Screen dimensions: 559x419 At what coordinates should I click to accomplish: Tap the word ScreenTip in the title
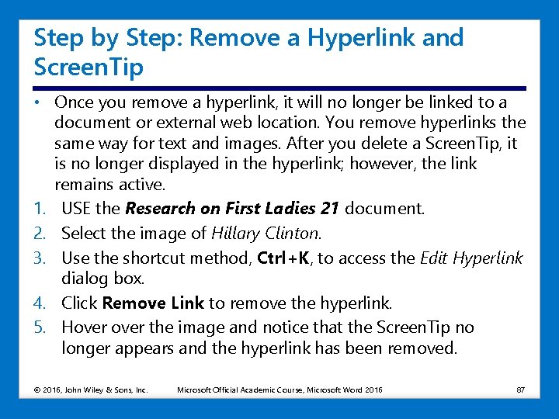89,68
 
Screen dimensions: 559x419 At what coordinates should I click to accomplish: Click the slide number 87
520,390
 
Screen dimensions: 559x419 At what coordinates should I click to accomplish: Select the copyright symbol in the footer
37,390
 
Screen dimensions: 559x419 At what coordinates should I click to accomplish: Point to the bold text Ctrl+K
283,258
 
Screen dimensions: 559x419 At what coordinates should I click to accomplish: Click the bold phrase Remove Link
153,303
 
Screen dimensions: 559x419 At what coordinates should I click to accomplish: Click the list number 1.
40,209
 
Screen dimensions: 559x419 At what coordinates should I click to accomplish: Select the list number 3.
40,258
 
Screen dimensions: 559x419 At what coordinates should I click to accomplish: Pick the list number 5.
40,327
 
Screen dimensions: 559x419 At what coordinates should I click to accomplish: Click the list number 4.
40,303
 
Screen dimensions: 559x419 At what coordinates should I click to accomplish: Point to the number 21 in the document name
329,209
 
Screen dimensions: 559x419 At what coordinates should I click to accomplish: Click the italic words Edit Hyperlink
471,258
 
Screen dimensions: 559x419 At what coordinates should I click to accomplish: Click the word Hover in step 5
84,327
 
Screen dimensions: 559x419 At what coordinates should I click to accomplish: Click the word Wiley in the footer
92,390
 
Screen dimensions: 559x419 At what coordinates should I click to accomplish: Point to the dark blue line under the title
279,88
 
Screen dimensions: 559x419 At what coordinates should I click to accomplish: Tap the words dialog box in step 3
102,279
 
